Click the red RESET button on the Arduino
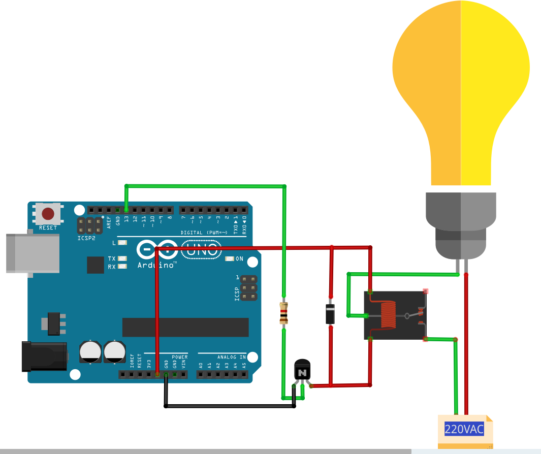[x=48, y=214]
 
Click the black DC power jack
[x=44, y=356]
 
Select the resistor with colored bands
[x=284, y=313]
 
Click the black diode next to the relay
[x=330, y=313]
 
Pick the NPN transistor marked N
[x=302, y=370]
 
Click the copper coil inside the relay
[x=389, y=315]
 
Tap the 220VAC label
[x=464, y=429]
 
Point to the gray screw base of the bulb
[x=460, y=223]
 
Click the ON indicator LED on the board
[x=230, y=259]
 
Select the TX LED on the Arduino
[x=121, y=258]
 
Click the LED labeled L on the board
[x=121, y=243]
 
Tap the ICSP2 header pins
[x=89, y=224]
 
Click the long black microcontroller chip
[x=185, y=328]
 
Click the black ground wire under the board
[x=229, y=406]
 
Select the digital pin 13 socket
[x=126, y=210]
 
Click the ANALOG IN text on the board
[x=232, y=357]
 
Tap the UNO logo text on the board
[x=202, y=249]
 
